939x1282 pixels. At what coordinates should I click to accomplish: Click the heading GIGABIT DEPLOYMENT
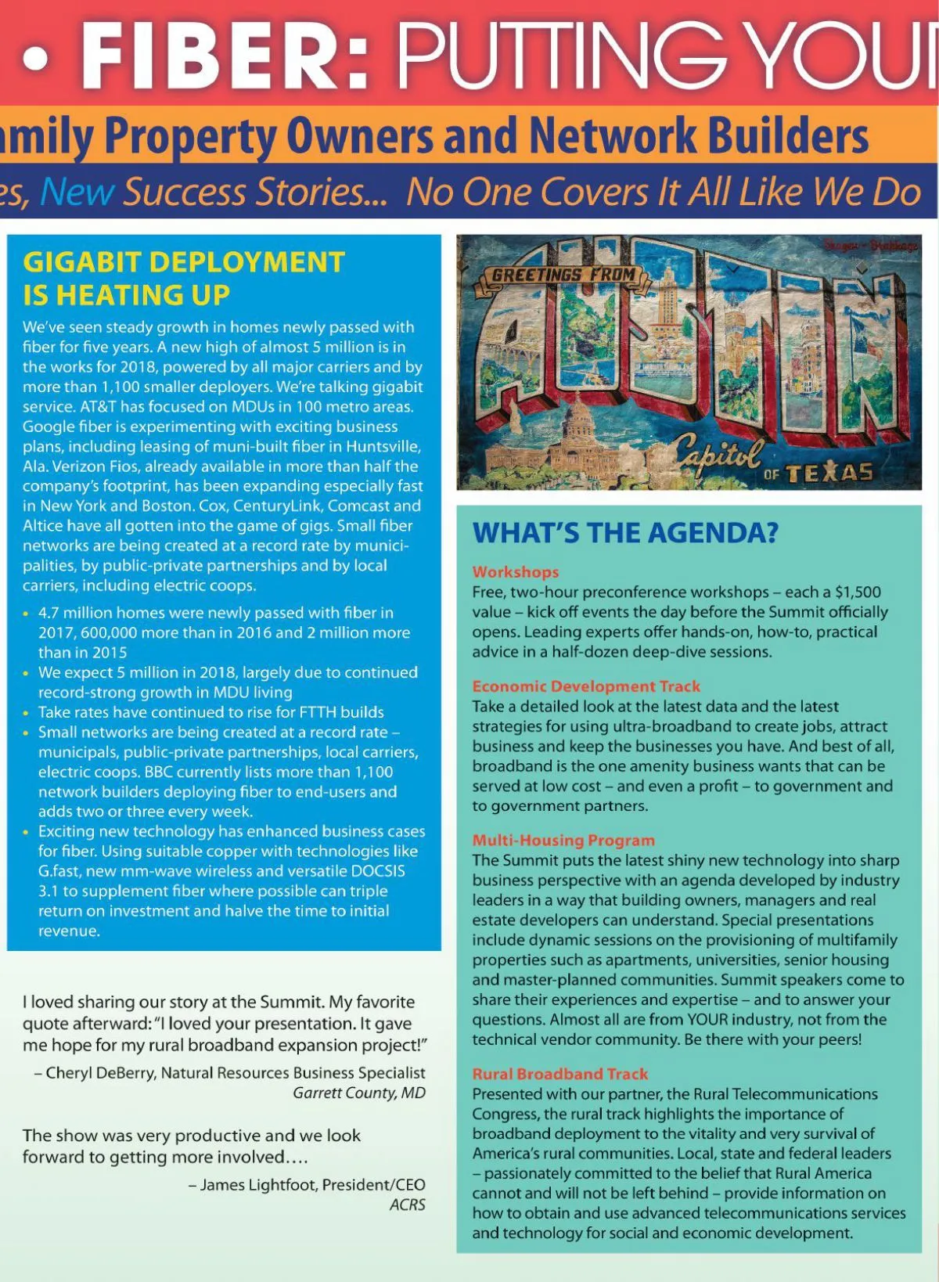[x=184, y=262]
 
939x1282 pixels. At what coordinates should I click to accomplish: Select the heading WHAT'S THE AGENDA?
[x=625, y=533]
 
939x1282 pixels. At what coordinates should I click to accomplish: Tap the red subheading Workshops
[x=516, y=572]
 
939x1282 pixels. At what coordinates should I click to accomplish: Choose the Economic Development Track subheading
[x=586, y=686]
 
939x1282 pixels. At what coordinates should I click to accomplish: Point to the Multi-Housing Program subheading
[x=563, y=841]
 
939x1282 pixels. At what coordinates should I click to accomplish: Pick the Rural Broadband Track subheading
[x=560, y=1075]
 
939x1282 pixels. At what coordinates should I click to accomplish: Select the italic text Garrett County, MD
[x=359, y=1093]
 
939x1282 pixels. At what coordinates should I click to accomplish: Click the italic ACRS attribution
[x=408, y=1205]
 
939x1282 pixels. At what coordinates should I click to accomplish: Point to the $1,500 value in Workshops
[x=858, y=592]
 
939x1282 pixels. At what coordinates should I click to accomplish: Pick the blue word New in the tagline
[x=77, y=193]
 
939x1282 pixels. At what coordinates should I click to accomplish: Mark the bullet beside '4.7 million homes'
[x=27, y=614]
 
